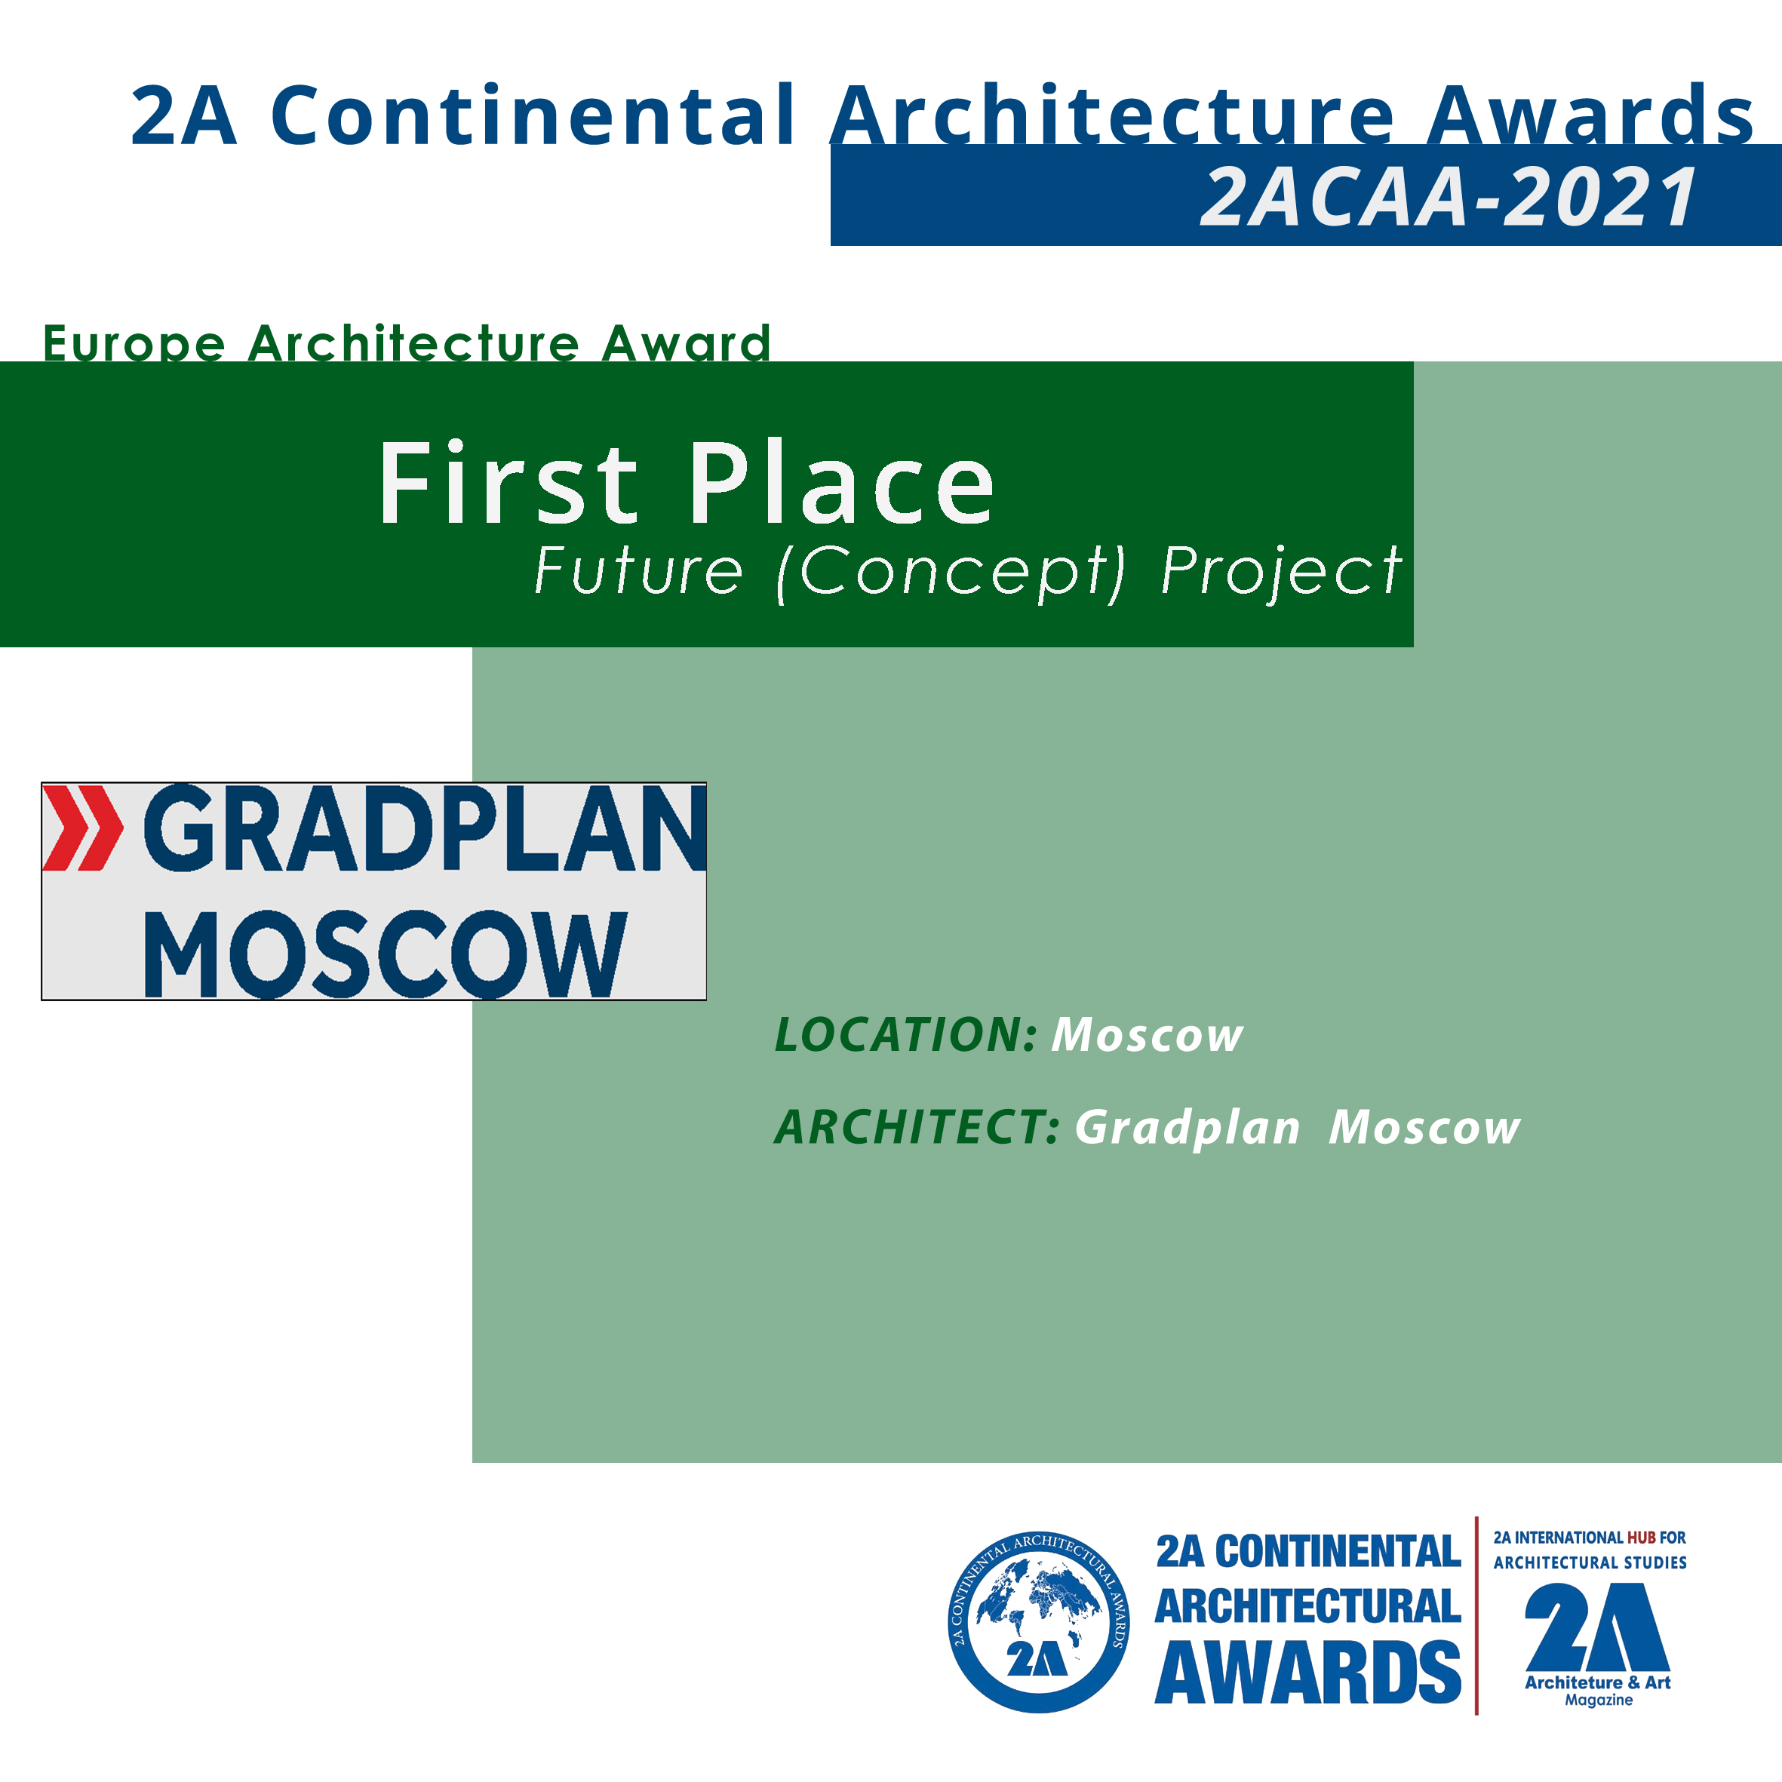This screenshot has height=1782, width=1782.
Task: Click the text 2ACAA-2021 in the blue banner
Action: pyautogui.click(x=1448, y=196)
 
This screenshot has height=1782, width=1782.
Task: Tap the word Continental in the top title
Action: pyautogui.click(x=532, y=115)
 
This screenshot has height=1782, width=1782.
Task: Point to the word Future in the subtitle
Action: pyautogui.click(x=638, y=571)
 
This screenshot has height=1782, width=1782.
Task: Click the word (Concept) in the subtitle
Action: pyautogui.click(x=951, y=572)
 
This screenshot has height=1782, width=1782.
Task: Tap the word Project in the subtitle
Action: pyautogui.click(x=1281, y=572)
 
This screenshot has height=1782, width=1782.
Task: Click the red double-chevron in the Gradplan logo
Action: pyautogui.click(x=83, y=828)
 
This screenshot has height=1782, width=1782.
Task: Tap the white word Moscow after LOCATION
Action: pyautogui.click(x=1148, y=1035)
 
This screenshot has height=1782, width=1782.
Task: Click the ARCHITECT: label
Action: pyautogui.click(x=917, y=1127)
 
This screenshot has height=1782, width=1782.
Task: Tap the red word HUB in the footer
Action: pyautogui.click(x=1641, y=1538)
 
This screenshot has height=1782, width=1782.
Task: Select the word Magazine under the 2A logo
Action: pyautogui.click(x=1599, y=1700)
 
